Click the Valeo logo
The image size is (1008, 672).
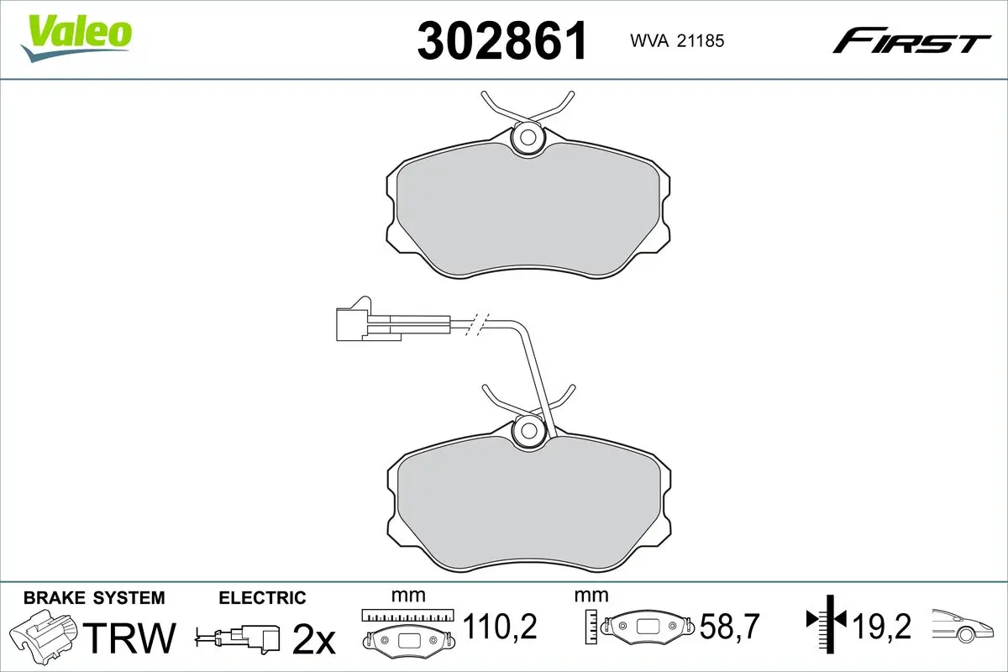tap(76, 36)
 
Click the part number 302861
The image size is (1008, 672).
tap(502, 40)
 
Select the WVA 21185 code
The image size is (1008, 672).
tap(672, 40)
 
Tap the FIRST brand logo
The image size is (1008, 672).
tap(911, 40)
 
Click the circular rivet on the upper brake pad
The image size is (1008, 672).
tap(528, 135)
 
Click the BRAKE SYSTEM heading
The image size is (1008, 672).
tap(94, 598)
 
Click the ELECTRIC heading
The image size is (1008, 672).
tap(262, 598)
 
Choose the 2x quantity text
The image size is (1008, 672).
tap(312, 640)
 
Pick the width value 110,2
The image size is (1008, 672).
tap(501, 626)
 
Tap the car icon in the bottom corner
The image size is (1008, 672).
tap(965, 626)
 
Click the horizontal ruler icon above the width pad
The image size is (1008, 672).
tap(407, 616)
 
